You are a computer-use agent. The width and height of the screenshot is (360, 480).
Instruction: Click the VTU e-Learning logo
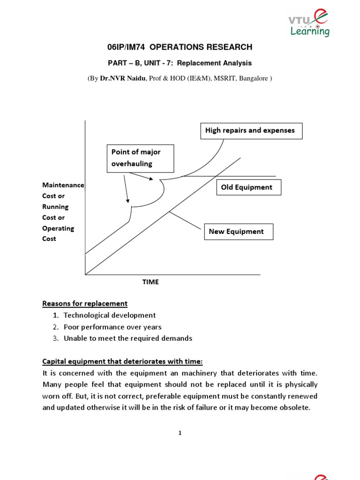click(308, 24)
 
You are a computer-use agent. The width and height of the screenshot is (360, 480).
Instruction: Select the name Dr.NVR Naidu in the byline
click(123, 78)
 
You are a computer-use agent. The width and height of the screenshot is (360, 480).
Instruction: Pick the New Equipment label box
click(238, 232)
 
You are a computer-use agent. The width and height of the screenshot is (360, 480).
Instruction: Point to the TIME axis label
click(150, 282)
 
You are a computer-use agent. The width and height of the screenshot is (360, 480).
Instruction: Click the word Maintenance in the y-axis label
click(63, 185)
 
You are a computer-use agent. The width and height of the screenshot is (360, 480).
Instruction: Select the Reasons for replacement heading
click(85, 304)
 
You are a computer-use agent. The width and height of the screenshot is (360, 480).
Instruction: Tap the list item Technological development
click(110, 315)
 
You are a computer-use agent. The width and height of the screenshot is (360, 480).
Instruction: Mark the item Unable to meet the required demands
click(128, 338)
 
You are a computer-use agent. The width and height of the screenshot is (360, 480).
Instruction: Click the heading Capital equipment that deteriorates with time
click(122, 361)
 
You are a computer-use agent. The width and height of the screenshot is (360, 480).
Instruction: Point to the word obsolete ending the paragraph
click(295, 407)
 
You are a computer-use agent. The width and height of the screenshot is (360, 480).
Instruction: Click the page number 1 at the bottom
click(180, 433)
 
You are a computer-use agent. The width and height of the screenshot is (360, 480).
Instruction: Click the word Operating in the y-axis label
click(59, 228)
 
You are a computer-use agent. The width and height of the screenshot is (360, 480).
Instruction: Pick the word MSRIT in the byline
click(225, 78)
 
